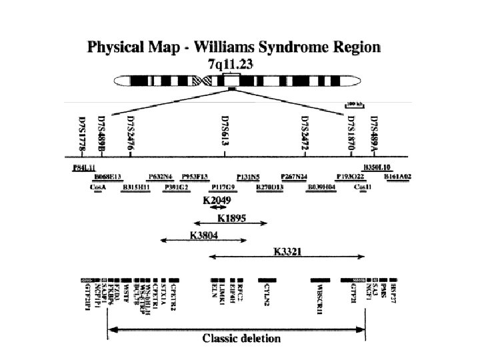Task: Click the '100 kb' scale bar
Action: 354,105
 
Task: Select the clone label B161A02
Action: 397,177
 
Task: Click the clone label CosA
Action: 97,187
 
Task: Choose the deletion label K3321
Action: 289,251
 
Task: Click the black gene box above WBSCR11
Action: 321,280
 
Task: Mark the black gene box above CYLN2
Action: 267,280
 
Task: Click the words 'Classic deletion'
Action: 242,337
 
